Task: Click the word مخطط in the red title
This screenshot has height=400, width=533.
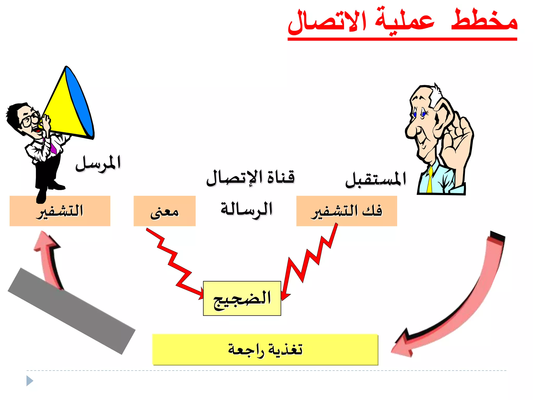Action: point(484,21)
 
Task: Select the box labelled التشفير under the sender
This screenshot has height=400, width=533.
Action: point(60,211)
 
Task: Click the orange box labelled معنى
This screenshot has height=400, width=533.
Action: point(164,211)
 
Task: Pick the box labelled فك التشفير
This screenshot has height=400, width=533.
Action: point(347,211)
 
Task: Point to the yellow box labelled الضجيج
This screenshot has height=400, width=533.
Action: point(242,298)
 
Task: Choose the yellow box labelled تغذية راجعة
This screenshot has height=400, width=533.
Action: point(265,349)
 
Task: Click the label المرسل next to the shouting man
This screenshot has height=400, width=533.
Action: point(98,163)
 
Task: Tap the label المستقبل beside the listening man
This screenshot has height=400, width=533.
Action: point(376,180)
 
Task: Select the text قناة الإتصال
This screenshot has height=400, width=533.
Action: point(250,178)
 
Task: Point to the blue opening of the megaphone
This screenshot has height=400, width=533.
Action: point(79,102)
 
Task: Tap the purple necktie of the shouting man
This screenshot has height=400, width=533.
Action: point(53,147)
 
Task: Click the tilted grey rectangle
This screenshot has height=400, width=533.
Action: point(72,311)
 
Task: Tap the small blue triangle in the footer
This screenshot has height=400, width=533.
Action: point(29,381)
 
